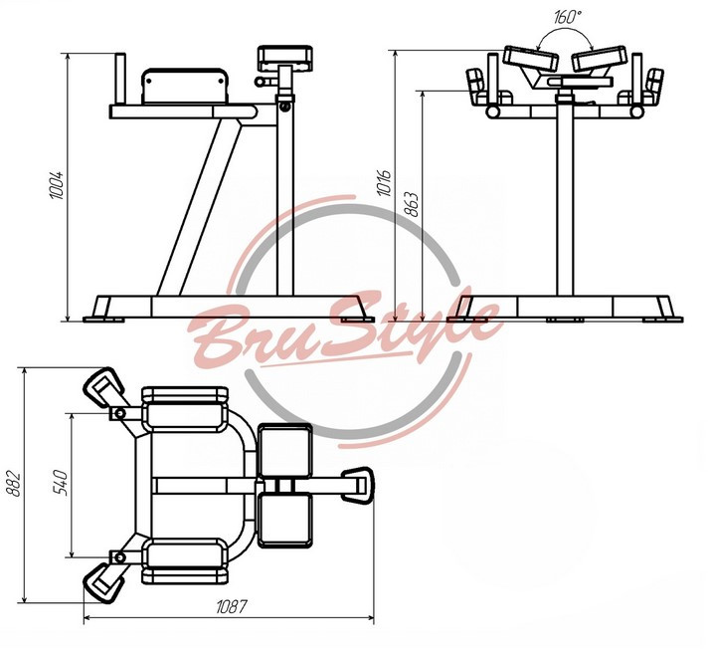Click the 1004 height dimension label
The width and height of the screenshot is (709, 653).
57,185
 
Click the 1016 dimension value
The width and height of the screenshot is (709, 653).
384,183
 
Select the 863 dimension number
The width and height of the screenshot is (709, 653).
411,204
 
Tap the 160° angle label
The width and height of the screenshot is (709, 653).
568,17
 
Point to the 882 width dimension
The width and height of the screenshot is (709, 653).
15,484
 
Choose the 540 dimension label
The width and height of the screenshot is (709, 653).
60,483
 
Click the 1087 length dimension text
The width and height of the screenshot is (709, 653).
232,606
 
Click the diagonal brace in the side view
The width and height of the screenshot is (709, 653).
199,207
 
